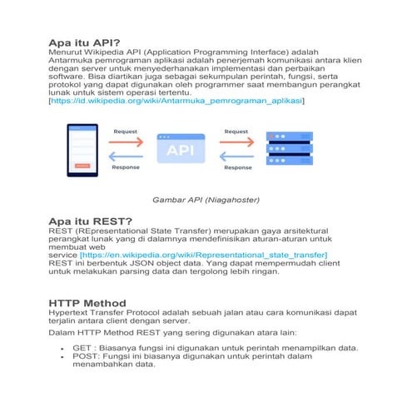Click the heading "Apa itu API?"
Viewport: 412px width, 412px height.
coord(84,42)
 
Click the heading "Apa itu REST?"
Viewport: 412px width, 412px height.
coord(91,221)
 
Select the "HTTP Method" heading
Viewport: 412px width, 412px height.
coord(87,302)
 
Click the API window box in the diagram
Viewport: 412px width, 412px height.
coord(181,149)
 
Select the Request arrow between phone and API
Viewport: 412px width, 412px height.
coord(126,141)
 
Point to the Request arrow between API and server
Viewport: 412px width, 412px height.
coord(236,141)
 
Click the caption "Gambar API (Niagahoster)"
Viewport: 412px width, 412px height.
coord(206,200)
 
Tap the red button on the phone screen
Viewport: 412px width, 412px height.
coord(81,165)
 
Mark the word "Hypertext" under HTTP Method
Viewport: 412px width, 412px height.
coord(73,312)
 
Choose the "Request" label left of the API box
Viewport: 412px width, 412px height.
coord(126,132)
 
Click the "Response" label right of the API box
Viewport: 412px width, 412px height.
coord(237,167)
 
